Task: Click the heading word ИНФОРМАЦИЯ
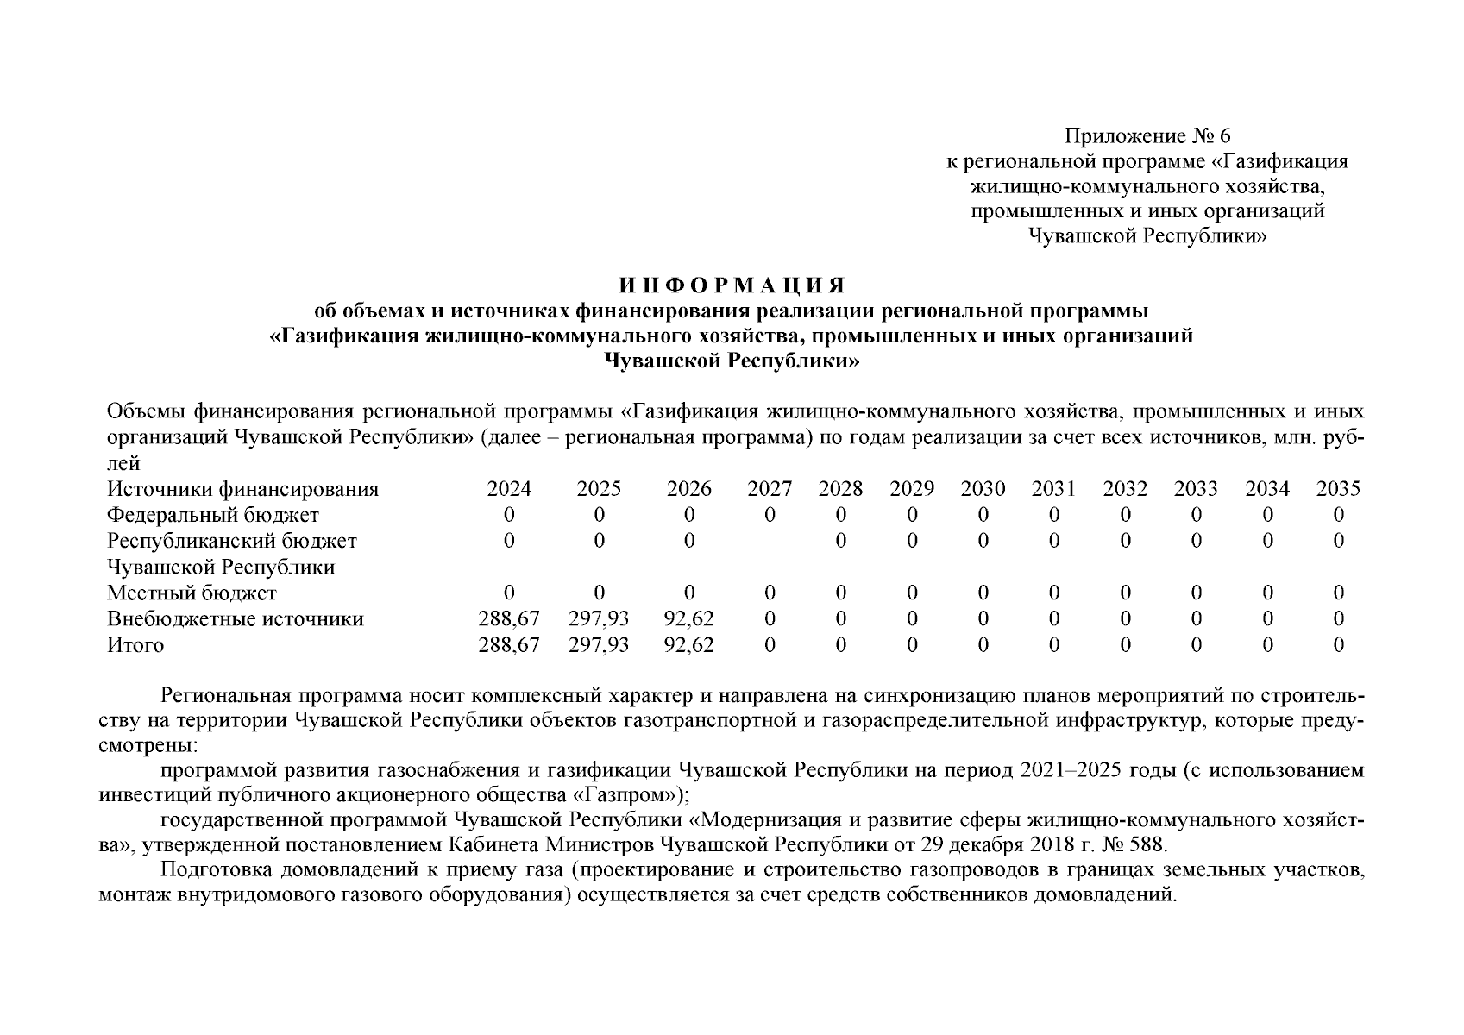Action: (x=732, y=285)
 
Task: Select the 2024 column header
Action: (x=509, y=490)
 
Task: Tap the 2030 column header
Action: (x=983, y=490)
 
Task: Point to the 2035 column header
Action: (x=1337, y=490)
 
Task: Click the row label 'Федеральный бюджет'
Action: (x=212, y=516)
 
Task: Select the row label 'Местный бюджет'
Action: (x=192, y=593)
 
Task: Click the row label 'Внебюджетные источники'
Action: (x=235, y=619)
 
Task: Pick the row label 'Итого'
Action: (x=135, y=645)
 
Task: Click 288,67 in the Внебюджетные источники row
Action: (x=509, y=619)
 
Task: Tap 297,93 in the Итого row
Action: (x=599, y=645)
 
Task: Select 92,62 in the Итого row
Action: (x=688, y=645)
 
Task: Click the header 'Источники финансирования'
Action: (x=242, y=490)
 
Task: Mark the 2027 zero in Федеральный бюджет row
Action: (x=770, y=516)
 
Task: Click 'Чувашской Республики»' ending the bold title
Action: (x=732, y=361)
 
